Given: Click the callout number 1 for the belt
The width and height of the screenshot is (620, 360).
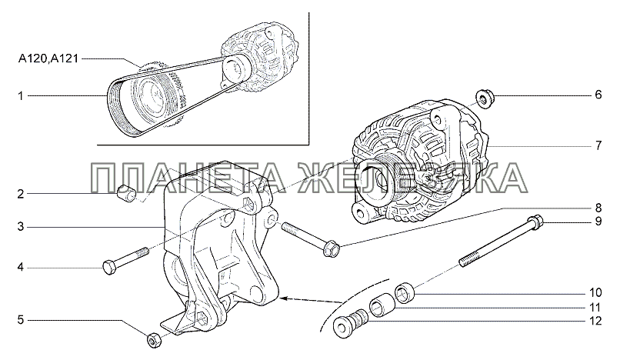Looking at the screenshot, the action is pyautogui.click(x=21, y=95).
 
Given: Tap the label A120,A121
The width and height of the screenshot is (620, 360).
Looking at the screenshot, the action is pyautogui.click(x=48, y=59).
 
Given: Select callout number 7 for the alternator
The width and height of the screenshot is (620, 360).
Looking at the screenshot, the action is pyautogui.click(x=598, y=145).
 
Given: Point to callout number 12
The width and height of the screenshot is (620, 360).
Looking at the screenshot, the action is pyautogui.click(x=595, y=321).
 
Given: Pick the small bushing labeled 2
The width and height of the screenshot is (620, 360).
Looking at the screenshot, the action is pyautogui.click(x=126, y=192).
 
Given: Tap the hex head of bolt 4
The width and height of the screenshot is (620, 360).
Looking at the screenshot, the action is pyautogui.click(x=109, y=268).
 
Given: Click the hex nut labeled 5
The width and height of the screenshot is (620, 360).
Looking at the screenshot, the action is pyautogui.click(x=153, y=340).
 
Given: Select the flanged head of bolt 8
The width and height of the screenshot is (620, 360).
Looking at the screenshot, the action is pyautogui.click(x=332, y=248).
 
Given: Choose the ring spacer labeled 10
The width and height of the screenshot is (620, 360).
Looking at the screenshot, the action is pyautogui.click(x=405, y=294).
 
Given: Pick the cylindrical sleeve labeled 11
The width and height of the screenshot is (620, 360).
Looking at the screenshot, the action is pyautogui.click(x=380, y=308).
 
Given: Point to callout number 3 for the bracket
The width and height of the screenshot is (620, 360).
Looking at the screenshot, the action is pyautogui.click(x=21, y=227).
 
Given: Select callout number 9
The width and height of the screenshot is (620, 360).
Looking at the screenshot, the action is pyautogui.click(x=598, y=221).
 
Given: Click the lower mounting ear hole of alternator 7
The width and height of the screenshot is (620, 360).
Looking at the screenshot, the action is pyautogui.click(x=359, y=213).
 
